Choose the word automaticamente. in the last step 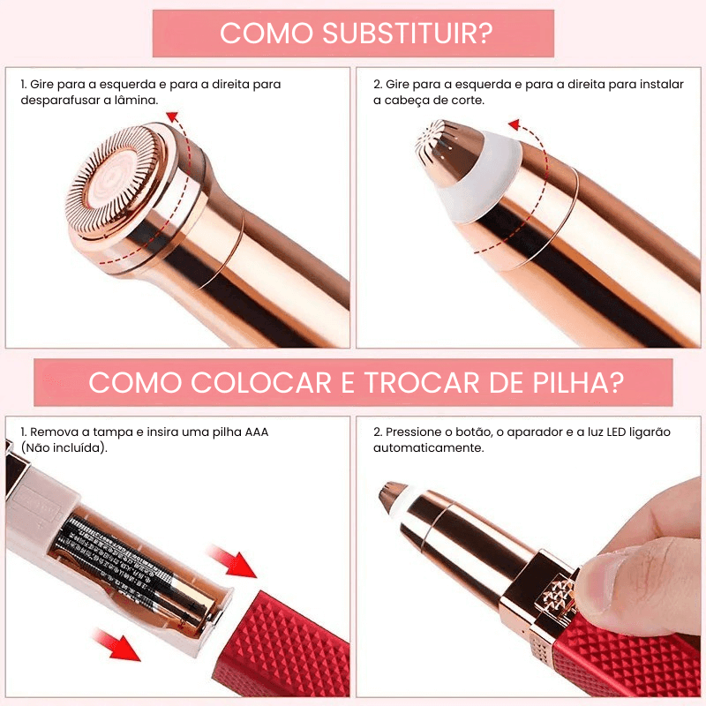click(428, 447)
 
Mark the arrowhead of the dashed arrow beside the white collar click(514, 125)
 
